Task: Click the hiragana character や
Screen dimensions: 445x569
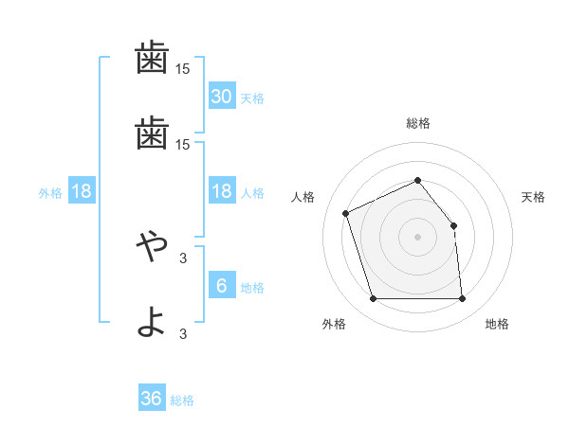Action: [x=152, y=248]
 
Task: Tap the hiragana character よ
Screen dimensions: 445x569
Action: [x=152, y=321]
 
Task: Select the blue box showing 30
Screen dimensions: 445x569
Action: [x=221, y=97]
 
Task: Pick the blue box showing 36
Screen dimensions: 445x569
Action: [x=152, y=399]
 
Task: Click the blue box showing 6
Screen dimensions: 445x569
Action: [x=221, y=286]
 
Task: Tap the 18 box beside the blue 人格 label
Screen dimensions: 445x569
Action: [x=221, y=191]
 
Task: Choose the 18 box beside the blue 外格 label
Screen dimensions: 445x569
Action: [x=81, y=191]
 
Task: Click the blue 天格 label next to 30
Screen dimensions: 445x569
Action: [x=252, y=98]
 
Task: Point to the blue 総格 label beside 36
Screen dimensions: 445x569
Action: [x=182, y=400]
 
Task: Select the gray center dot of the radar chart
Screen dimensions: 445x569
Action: [x=417, y=236]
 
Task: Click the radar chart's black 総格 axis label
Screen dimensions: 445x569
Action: [x=417, y=123]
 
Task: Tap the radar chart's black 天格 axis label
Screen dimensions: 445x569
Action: [x=534, y=197]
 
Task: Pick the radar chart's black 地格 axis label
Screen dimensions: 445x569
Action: [x=497, y=324]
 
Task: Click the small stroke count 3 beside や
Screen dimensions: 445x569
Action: [x=183, y=258]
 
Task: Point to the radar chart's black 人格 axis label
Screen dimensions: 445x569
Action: [x=303, y=197]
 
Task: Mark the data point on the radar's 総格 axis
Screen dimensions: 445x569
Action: [x=417, y=180]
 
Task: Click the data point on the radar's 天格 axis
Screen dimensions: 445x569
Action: [x=453, y=225]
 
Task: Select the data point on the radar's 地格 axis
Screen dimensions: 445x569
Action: [x=462, y=299]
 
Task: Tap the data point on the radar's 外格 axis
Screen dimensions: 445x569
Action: [x=373, y=299]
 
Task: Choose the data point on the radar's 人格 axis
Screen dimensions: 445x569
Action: [x=346, y=213]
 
